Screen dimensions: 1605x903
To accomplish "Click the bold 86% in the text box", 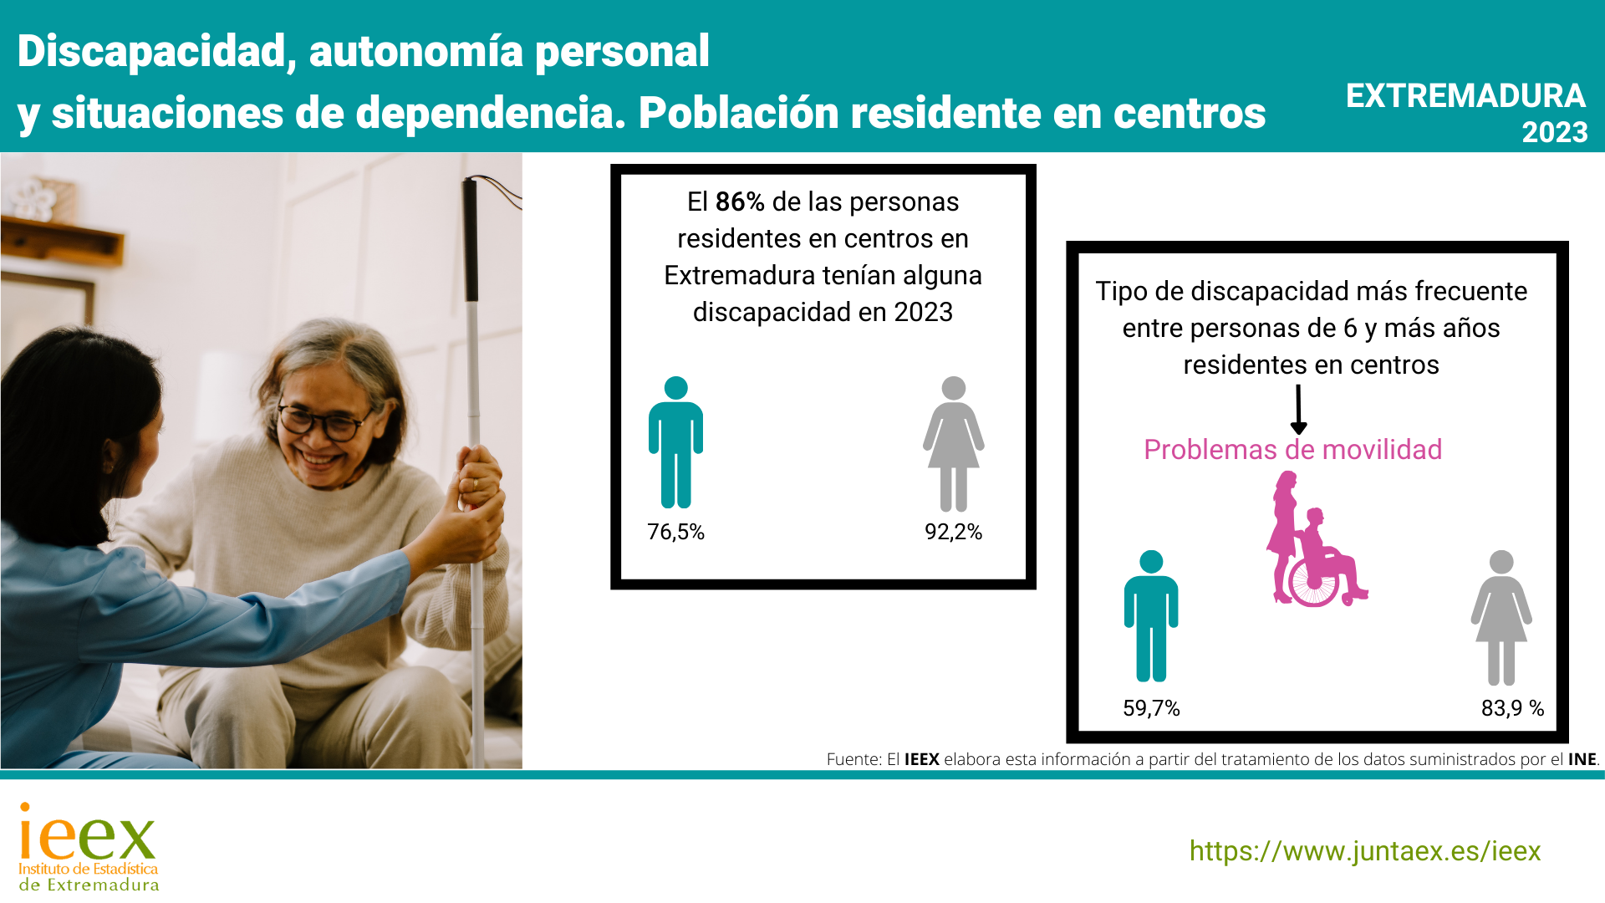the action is (740, 202).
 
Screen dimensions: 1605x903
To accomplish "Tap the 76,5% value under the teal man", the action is (675, 532).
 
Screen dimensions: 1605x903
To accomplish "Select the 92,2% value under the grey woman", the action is (953, 532).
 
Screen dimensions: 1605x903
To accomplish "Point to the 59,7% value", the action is (1151, 708).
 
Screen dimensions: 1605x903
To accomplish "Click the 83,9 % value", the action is (1512, 708).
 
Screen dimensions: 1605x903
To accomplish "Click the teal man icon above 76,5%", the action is (675, 442).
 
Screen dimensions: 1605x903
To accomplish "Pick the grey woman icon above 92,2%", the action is (954, 443).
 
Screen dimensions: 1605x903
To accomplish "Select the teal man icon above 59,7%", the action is (1151, 615).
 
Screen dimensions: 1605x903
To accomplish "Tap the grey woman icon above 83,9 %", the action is (1501, 617).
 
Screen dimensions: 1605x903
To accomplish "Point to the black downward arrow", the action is (1298, 410).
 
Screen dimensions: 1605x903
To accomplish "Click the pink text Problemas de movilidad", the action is (1292, 450).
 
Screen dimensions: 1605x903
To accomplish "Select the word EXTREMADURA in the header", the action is (1465, 96).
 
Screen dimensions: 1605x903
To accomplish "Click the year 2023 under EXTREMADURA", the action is (1554, 132).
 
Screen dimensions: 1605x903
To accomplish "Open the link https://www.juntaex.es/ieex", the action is (1365, 851).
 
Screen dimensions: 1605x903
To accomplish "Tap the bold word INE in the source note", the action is (1582, 759).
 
